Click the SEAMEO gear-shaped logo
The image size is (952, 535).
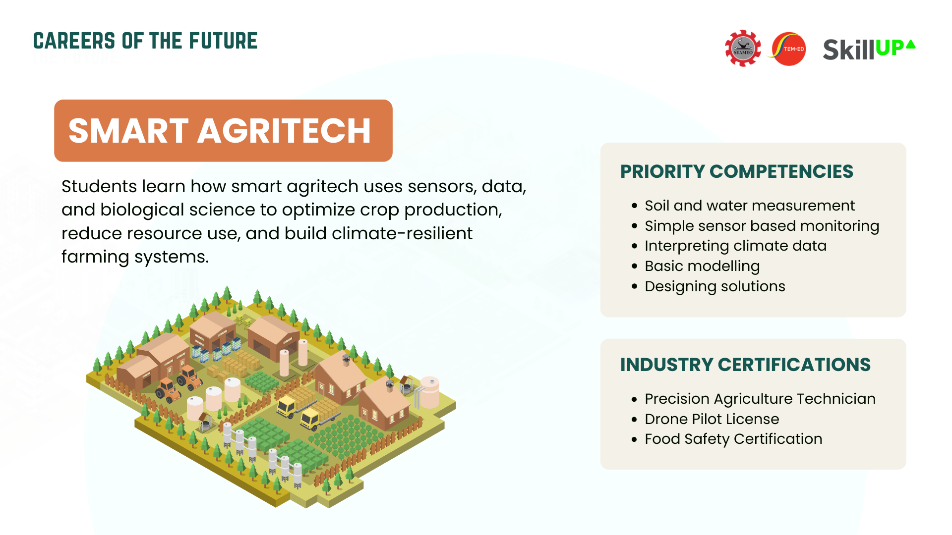(743, 48)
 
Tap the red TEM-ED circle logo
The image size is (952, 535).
(788, 49)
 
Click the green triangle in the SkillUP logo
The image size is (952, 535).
(910, 44)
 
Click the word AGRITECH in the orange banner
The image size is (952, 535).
(285, 131)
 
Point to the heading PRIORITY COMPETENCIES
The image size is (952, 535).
(737, 171)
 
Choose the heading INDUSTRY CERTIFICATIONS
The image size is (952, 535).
(745, 365)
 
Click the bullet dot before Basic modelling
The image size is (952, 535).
(634, 267)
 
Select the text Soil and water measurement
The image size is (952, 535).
(750, 205)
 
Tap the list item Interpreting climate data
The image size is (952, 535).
(736, 246)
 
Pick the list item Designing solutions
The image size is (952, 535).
(715, 286)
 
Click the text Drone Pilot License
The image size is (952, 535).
(712, 419)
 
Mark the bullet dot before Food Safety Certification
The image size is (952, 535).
(634, 439)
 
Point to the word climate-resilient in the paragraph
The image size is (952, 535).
(402, 233)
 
